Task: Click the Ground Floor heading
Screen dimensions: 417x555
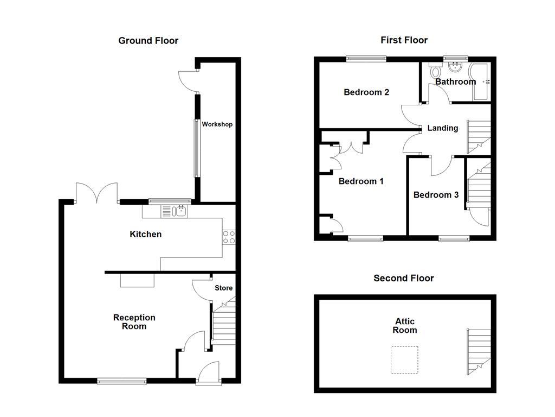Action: point(148,41)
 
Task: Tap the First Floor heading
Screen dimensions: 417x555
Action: point(404,40)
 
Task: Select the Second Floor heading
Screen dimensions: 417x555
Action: point(404,278)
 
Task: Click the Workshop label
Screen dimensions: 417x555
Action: point(217,124)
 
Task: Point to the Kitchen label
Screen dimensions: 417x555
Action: point(145,234)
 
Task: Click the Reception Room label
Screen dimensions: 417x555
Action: point(134,322)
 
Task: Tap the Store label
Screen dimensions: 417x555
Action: point(223,288)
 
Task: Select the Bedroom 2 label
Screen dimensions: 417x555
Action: point(366,92)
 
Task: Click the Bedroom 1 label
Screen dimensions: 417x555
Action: point(361,181)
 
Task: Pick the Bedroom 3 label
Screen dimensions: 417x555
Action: point(432,195)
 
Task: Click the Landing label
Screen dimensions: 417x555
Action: point(443,128)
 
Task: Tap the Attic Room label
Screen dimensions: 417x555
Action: point(405,326)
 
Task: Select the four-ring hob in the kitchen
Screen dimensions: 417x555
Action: point(229,237)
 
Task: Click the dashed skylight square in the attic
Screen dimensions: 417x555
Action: point(404,360)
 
